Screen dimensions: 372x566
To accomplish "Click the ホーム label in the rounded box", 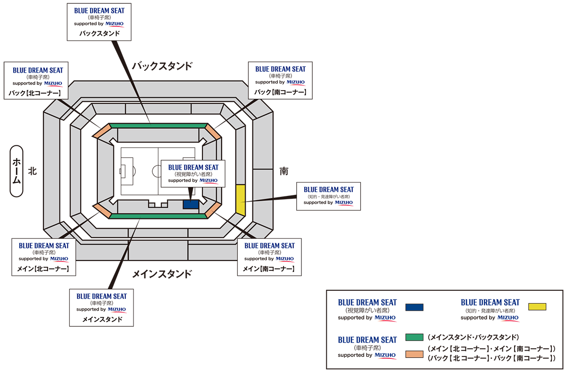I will point(17,170).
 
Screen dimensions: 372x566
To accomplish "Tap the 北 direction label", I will point(32,171).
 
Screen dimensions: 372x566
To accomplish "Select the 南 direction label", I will point(284,171).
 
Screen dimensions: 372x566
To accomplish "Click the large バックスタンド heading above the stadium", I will point(162,66).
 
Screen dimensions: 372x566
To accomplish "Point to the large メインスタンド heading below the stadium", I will point(162,274).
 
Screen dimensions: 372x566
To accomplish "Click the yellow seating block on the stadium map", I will point(241,200).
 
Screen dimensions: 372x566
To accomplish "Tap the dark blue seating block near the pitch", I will point(191,204).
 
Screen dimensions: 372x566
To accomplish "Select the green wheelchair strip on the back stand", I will point(158,126).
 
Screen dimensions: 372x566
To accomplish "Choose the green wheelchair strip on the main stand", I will point(158,216).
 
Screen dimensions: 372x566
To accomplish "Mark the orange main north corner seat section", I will point(101,211).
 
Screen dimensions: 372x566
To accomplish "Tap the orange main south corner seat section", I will point(214,211).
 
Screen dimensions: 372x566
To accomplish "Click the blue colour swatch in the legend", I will point(414,307).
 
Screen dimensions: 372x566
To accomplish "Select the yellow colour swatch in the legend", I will point(537,307).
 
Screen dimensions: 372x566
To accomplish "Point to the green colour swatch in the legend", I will point(414,338).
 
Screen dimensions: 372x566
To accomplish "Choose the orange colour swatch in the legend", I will point(414,354).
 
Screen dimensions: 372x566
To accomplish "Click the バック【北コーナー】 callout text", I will point(34,93).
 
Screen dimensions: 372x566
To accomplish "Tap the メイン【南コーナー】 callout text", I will point(268,269).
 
